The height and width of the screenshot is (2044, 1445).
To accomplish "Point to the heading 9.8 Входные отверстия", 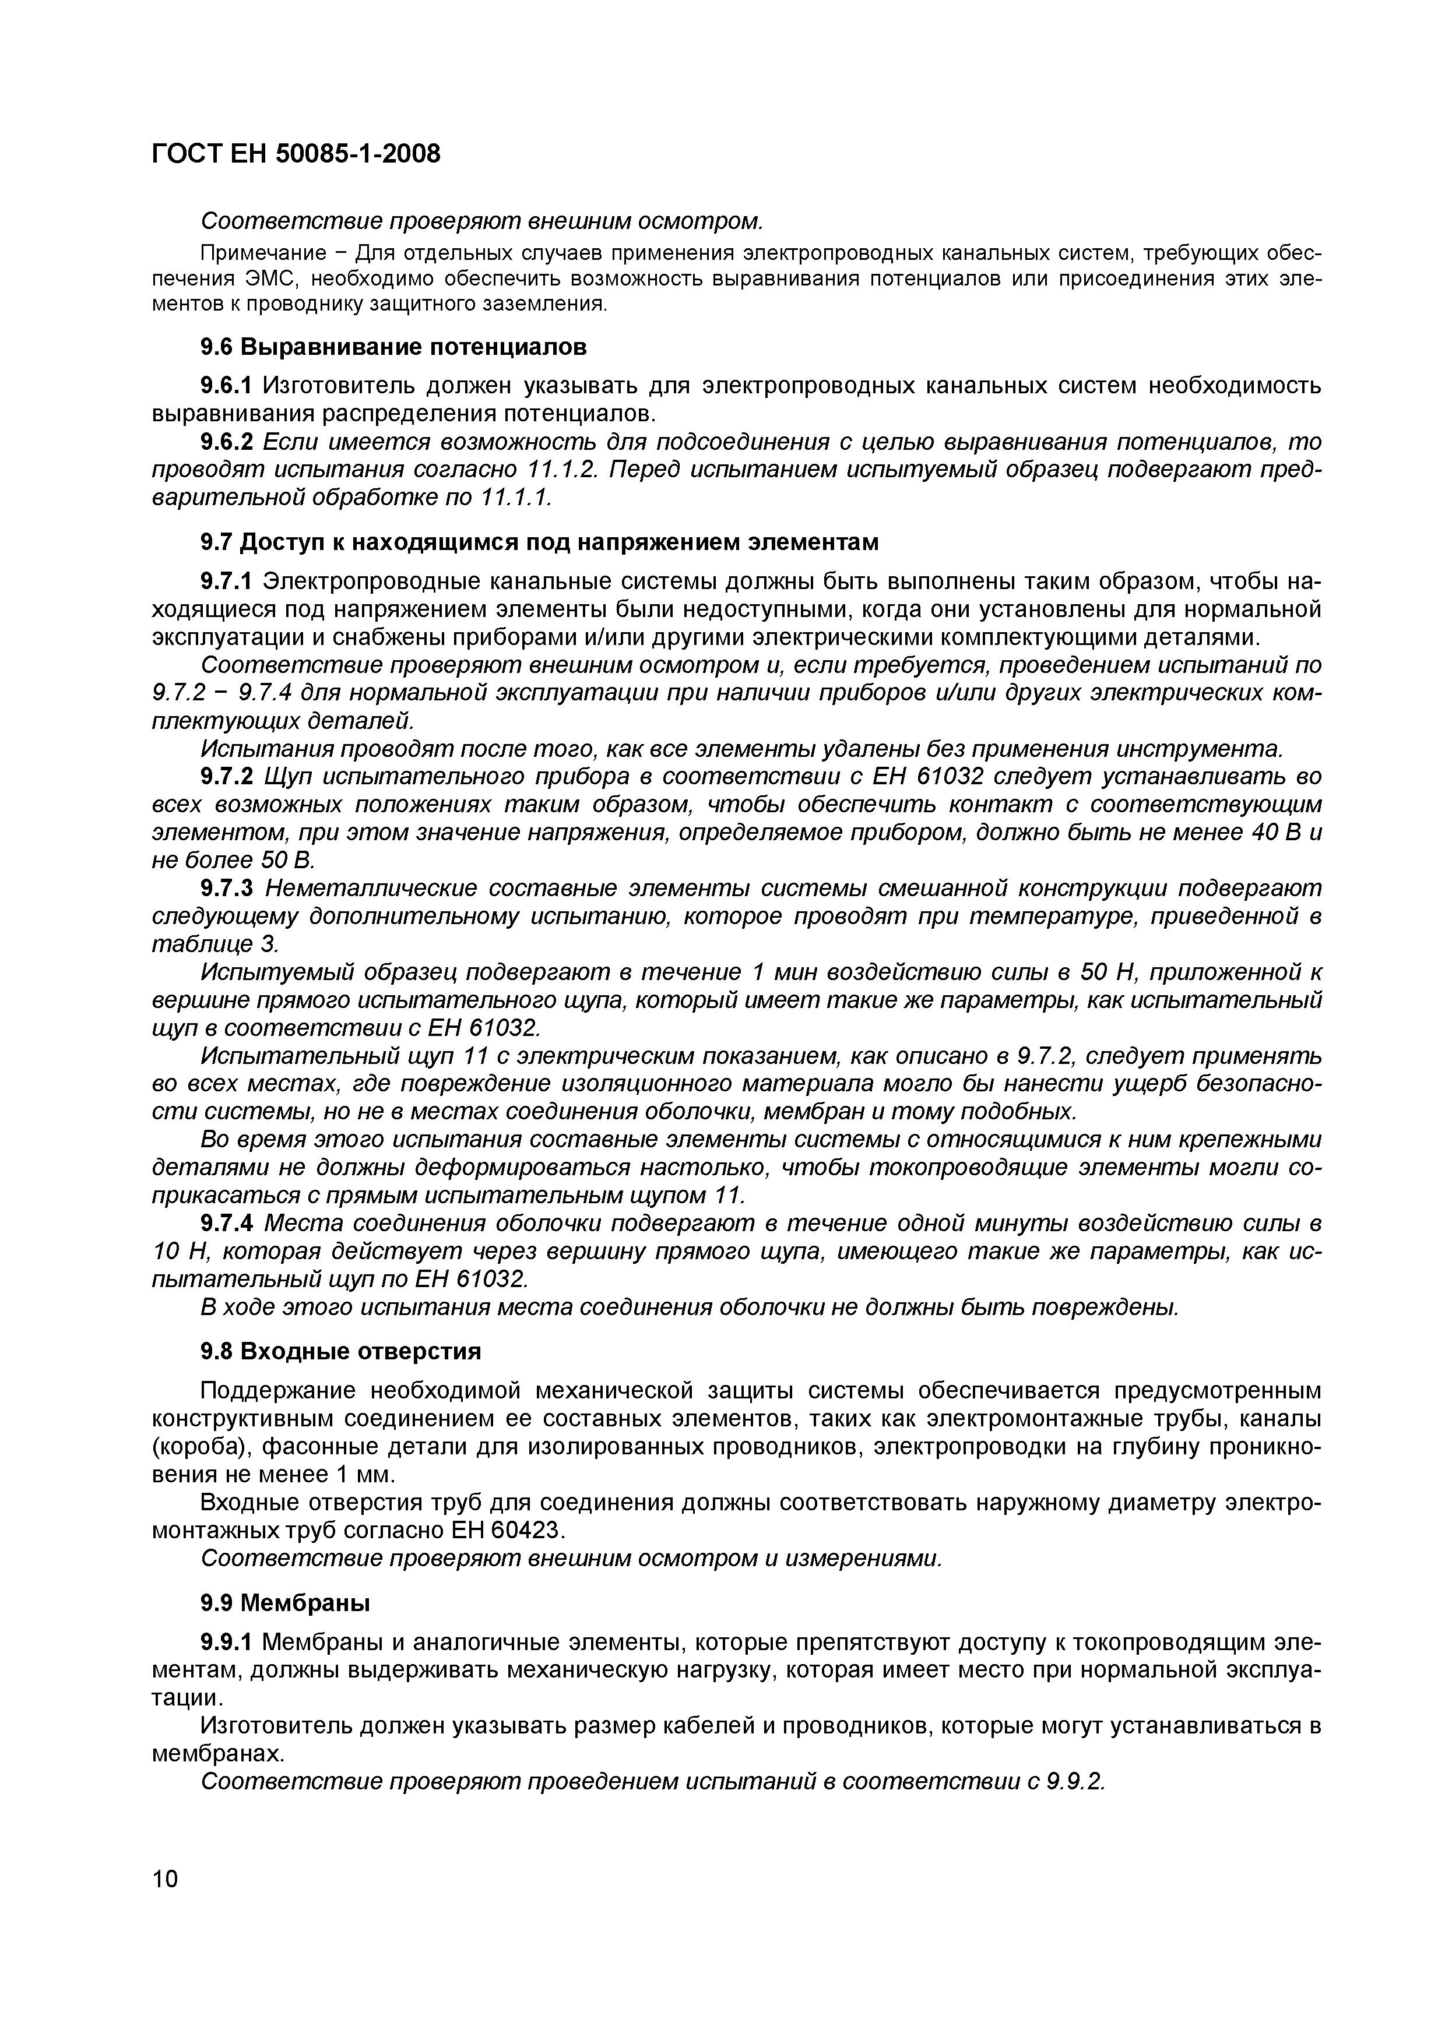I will click(x=340, y=1351).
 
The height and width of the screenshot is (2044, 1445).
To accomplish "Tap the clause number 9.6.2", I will click(x=227, y=442).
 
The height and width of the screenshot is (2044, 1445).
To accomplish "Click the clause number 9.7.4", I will click(x=227, y=1223).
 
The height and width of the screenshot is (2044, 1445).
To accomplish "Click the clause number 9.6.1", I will click(x=227, y=386).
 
